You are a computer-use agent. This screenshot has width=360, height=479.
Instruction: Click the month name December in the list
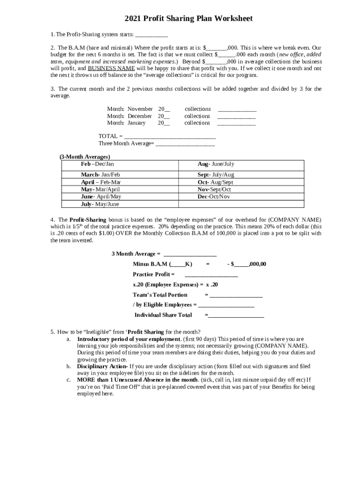point(140,116)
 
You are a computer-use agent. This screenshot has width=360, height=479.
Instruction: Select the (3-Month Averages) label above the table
point(85,157)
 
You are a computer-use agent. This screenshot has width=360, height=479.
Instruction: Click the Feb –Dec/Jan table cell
point(97,164)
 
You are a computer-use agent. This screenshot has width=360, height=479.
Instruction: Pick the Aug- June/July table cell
point(216,164)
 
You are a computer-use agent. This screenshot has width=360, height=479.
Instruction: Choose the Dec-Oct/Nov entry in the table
point(214,197)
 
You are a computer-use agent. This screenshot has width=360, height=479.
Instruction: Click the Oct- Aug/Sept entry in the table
point(215,182)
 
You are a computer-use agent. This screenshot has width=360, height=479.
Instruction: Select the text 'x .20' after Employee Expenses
point(212,284)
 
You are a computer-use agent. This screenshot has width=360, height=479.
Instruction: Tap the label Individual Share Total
point(163,315)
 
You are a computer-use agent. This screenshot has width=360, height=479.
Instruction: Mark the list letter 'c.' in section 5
point(68,380)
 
